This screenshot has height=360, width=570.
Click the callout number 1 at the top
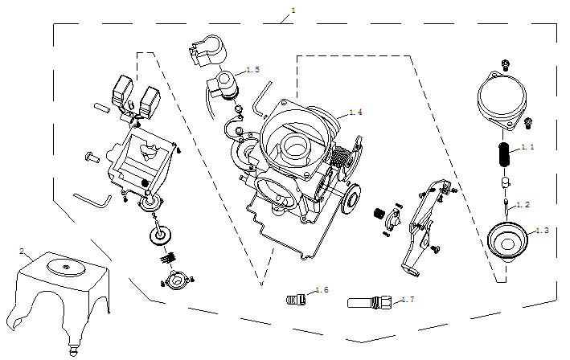tap(293, 10)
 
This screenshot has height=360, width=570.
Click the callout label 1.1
tap(528, 148)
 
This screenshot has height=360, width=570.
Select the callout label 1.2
tap(523, 205)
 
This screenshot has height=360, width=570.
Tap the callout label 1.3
tap(541, 231)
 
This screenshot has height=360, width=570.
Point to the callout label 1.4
tap(355, 112)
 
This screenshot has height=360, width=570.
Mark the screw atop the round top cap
tap(504, 63)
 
